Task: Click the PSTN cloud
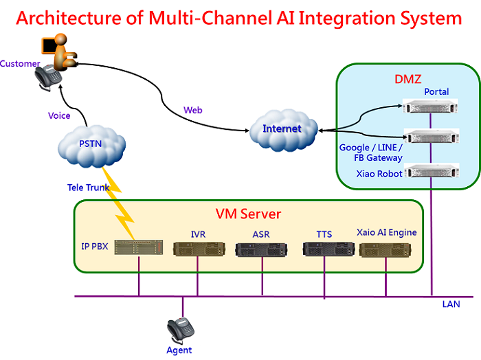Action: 91,146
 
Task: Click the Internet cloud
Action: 283,130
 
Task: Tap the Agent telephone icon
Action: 180,330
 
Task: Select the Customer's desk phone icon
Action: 48,78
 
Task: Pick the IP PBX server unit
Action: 139,247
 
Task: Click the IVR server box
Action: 199,249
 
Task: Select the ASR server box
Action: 261,249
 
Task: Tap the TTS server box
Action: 328,249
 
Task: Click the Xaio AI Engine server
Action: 385,250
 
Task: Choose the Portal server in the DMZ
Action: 430,106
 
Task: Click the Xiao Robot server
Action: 432,170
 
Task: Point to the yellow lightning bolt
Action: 118,203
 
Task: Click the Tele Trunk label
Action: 89,188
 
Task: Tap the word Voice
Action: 59,115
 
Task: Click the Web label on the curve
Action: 193,110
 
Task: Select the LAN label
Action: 451,304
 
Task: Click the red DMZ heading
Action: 407,79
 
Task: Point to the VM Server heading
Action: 248,214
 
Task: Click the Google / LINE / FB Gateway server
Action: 432,136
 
